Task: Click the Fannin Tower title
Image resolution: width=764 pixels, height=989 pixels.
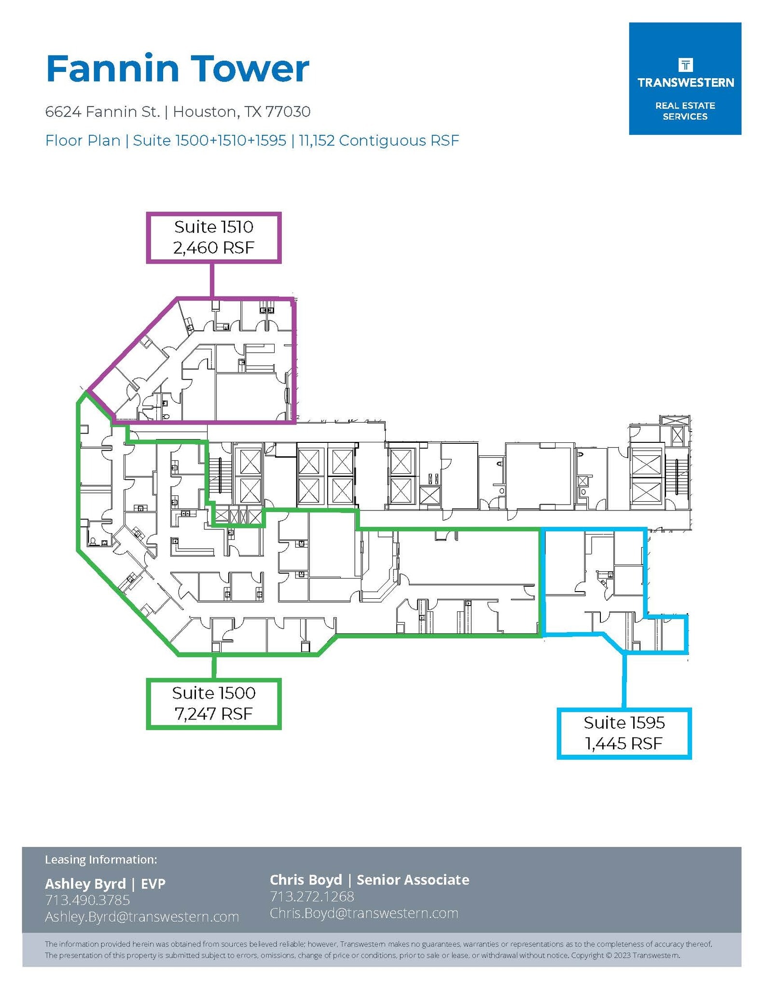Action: tap(177, 69)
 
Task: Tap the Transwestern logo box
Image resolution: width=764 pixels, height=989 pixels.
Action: tap(684, 79)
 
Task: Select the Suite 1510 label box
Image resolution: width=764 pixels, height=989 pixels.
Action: tap(214, 238)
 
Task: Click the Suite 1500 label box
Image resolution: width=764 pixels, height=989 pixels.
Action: tap(214, 703)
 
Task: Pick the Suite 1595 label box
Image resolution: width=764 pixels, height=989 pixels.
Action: tap(624, 733)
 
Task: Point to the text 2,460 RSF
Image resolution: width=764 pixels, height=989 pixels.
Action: tap(214, 248)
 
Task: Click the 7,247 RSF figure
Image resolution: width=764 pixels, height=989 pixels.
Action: tap(214, 713)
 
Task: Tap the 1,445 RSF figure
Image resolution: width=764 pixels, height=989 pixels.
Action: tap(624, 743)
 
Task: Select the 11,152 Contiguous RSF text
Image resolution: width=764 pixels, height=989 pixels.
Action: tap(379, 141)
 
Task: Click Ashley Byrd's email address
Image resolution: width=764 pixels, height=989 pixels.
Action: tap(142, 916)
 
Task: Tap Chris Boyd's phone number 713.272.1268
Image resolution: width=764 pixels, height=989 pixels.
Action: tap(312, 896)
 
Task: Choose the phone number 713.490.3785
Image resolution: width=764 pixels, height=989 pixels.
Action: tap(87, 900)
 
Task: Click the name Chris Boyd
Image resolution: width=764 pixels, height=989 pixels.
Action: tap(306, 880)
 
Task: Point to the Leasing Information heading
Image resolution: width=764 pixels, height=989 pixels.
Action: tap(101, 860)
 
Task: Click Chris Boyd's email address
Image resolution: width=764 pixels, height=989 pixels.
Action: tap(364, 913)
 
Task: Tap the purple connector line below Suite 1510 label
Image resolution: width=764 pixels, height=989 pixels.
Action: tap(212, 280)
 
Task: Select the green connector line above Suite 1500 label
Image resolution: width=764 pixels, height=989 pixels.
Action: tap(214, 667)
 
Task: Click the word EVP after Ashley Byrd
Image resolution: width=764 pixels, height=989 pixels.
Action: tap(153, 884)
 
